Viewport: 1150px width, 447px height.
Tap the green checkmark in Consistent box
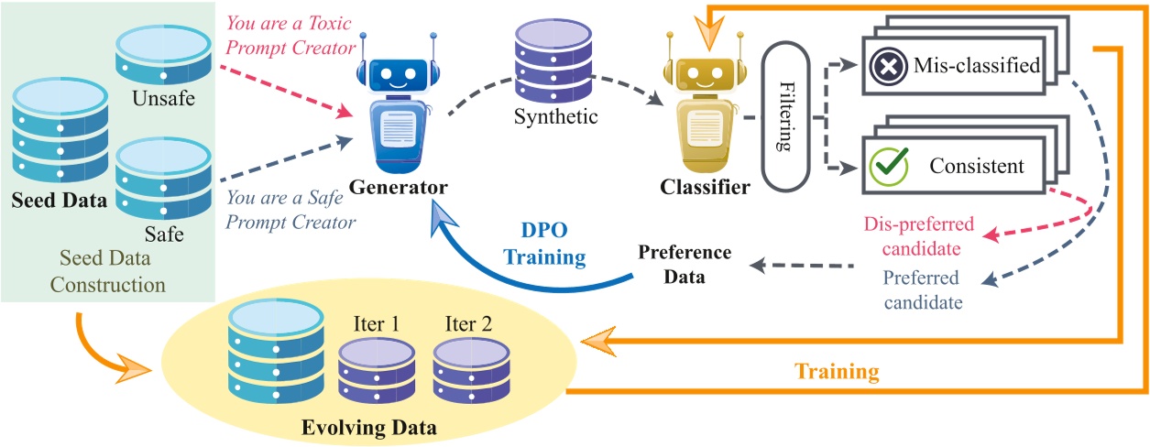(885, 166)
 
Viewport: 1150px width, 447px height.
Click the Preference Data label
(685, 264)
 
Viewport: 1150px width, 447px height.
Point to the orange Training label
(836, 372)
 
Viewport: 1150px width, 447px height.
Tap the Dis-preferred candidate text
(919, 235)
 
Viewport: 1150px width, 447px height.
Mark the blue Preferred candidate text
(920, 289)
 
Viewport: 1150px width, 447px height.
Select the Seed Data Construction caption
(107, 271)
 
